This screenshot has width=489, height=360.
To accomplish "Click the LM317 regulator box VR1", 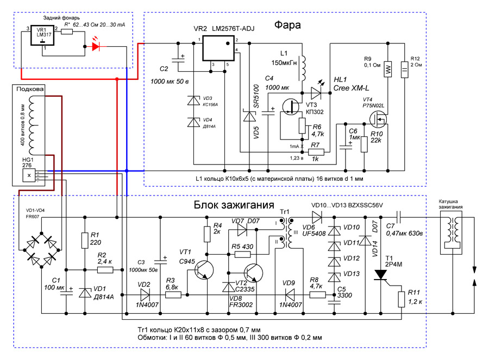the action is pyautogui.click(x=42, y=35).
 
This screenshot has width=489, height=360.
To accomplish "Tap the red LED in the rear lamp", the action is pyautogui.click(x=96, y=47).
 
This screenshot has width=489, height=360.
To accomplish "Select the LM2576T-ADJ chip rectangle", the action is pyautogui.click(x=218, y=48).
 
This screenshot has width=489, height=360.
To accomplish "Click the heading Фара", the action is pyautogui.click(x=287, y=25).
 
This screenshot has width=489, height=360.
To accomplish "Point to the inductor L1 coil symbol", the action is pyautogui.click(x=303, y=68).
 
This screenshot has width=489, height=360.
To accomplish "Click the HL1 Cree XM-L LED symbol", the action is pyautogui.click(x=317, y=93).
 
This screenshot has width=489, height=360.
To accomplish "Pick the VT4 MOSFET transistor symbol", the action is pyautogui.click(x=378, y=119).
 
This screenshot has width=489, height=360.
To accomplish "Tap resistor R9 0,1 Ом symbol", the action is pyautogui.click(x=387, y=69).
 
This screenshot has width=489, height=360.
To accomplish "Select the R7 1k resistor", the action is pyautogui.click(x=316, y=152).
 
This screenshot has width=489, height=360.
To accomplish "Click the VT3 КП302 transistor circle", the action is pyautogui.click(x=291, y=107).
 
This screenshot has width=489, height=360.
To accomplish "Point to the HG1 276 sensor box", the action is pyautogui.click(x=29, y=175).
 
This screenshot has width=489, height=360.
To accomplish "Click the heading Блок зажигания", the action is pyautogui.click(x=234, y=205).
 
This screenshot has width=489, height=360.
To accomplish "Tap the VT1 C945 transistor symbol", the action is pyautogui.click(x=204, y=270).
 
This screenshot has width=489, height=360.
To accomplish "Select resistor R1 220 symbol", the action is pyautogui.click(x=85, y=241).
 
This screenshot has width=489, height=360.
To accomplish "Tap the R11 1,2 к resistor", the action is pyautogui.click(x=402, y=299).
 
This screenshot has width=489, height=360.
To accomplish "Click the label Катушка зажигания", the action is pyautogui.click(x=450, y=204).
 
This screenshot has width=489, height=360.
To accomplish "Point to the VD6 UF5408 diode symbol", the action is pyautogui.click(x=317, y=217).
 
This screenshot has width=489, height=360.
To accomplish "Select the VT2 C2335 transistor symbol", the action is pyautogui.click(x=253, y=273).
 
